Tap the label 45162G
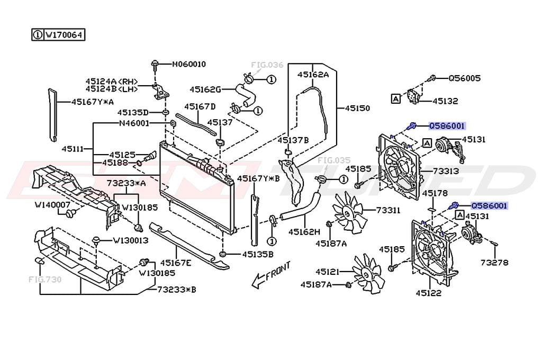(x=205, y=89)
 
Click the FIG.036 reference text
(x=267, y=65)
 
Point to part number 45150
(x=357, y=108)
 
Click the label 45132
(x=445, y=101)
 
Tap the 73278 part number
(x=494, y=262)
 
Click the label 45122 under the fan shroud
(x=428, y=292)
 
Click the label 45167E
(x=176, y=262)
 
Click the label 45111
(x=71, y=149)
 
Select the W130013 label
(x=130, y=240)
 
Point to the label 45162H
(x=304, y=232)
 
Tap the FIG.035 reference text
(x=334, y=159)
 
